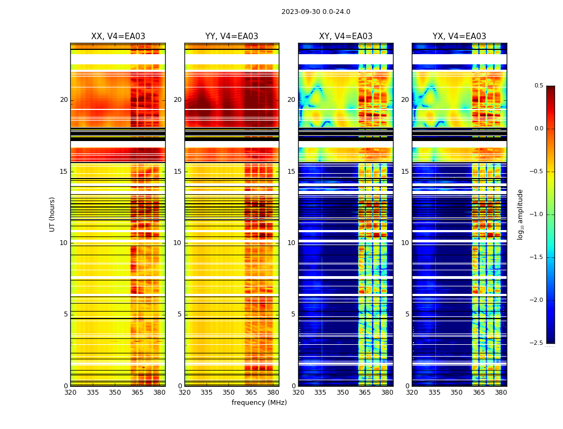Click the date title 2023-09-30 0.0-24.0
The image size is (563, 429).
pyautogui.click(x=316, y=12)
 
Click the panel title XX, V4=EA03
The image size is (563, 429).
pyautogui.click(x=118, y=36)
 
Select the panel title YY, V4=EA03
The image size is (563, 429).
pyautogui.click(x=232, y=36)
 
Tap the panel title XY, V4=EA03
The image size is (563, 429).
pyautogui.click(x=346, y=36)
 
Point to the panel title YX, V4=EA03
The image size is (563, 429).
pyautogui.click(x=460, y=36)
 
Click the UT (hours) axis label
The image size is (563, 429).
pyautogui.click(x=52, y=214)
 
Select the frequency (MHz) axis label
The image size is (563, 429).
pyautogui.click(x=259, y=403)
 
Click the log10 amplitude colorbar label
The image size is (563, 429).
pyautogui.click(x=520, y=214)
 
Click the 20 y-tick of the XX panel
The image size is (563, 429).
pyautogui.click(x=64, y=100)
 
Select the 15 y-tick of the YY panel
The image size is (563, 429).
pyautogui.click(x=178, y=172)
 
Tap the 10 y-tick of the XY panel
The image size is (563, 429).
pyautogui.click(x=292, y=243)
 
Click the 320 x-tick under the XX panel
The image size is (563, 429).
pyautogui.click(x=70, y=393)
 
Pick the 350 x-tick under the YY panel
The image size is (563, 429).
pyautogui.click(x=229, y=393)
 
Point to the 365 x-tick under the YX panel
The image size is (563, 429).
pyautogui.click(x=479, y=393)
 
